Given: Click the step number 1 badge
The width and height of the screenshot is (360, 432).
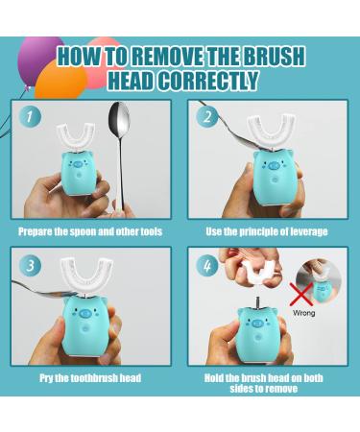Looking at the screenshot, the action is (x=30, y=116).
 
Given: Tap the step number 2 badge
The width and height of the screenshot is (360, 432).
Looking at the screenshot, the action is (x=207, y=116).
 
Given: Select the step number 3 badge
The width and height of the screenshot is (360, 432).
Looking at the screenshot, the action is (x=30, y=265).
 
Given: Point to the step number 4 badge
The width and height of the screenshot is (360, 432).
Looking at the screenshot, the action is (x=207, y=265).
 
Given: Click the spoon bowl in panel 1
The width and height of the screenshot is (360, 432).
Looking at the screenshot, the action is (x=119, y=119).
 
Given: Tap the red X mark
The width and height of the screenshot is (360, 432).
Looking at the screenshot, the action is (x=301, y=294).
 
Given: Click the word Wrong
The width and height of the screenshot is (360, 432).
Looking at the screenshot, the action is (x=303, y=313).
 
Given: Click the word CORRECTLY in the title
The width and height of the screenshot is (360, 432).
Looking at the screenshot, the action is (x=208, y=80).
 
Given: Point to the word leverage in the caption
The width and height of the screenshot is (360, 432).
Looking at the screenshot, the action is (x=309, y=231).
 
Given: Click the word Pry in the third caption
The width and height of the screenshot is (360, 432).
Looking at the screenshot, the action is (x=46, y=378).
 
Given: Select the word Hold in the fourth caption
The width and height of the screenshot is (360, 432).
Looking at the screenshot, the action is (x=214, y=378).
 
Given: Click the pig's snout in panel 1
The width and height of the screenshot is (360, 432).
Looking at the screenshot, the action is (x=78, y=165).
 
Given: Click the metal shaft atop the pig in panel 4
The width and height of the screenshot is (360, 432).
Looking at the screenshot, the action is (x=257, y=301).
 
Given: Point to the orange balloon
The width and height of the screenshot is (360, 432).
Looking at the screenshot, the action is (x=60, y=80).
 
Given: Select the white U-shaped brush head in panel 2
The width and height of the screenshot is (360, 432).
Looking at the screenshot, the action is (x=268, y=132).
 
